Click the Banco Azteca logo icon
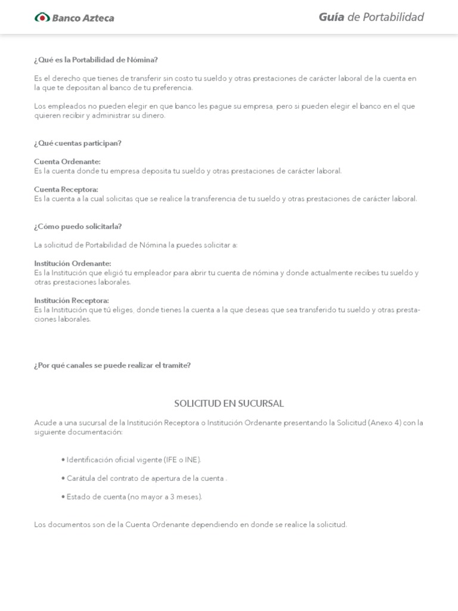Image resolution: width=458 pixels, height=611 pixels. click(x=42, y=17)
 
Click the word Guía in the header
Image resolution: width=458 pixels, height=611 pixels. click(x=331, y=17)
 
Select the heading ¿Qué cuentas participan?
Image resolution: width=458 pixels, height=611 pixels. click(x=78, y=143)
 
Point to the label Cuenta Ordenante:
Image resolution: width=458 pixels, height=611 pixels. click(x=67, y=162)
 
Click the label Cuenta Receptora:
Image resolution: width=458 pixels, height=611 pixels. click(x=66, y=190)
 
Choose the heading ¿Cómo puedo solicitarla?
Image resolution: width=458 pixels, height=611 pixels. click(x=78, y=227)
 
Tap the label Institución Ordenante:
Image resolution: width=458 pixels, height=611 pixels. click(x=73, y=264)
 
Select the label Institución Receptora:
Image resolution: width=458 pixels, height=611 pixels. click(x=72, y=301)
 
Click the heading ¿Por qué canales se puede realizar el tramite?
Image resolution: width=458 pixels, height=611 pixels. click(x=112, y=365)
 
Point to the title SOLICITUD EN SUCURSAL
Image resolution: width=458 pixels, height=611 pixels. click(x=229, y=404)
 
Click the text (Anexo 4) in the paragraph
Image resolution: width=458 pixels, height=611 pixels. click(x=385, y=423)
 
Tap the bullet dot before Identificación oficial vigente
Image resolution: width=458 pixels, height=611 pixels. click(x=63, y=460)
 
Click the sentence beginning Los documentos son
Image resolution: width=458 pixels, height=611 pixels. click(x=190, y=525)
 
